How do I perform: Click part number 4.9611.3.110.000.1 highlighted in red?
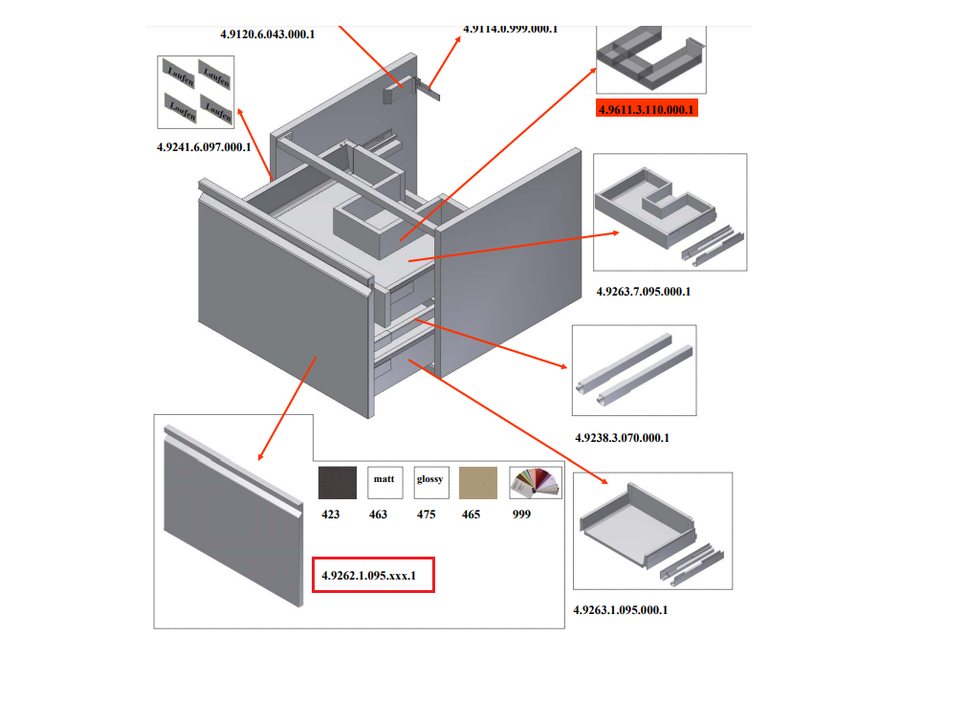point(647,109)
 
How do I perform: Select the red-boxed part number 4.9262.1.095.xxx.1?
point(373,576)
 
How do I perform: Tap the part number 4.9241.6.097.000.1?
point(204,147)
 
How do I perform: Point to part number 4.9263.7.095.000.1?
point(643,291)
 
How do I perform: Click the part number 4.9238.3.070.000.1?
point(621,438)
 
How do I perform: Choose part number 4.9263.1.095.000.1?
point(620,609)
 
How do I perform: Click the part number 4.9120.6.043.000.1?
point(267,33)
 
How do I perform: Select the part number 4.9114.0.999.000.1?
point(510,29)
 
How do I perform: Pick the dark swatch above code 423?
point(337,482)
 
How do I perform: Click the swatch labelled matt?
point(384,482)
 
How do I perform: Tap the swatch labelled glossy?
point(429,482)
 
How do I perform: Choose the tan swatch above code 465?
point(478,482)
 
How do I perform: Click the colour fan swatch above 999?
point(536,482)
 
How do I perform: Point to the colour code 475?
point(426,515)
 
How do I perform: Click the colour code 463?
point(378,515)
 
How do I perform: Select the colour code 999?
point(522,515)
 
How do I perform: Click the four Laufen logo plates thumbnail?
point(196,92)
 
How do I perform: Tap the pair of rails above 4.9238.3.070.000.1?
point(633,369)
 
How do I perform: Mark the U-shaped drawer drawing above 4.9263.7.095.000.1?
point(670,211)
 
